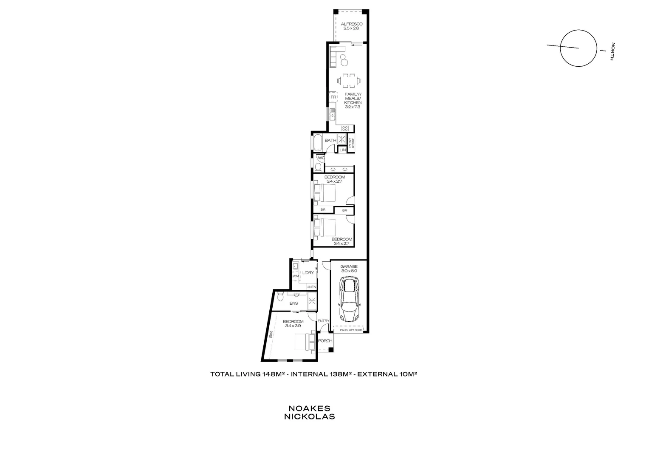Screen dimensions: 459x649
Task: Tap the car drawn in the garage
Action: (349, 300)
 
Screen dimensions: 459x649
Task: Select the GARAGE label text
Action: (349, 266)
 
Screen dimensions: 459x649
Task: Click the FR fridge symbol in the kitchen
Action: (333, 97)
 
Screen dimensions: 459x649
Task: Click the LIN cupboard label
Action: (342, 150)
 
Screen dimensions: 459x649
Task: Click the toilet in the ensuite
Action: (279, 298)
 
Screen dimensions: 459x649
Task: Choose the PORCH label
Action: (325, 341)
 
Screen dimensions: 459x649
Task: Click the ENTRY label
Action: (323, 321)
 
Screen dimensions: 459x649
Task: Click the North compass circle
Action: (578, 48)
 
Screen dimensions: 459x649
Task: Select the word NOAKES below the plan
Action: (309, 408)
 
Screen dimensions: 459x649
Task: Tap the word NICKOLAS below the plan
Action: (309, 417)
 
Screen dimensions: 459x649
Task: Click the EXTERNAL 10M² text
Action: (386, 374)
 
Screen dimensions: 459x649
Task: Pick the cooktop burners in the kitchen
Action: (345, 127)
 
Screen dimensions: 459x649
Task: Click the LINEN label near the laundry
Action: (311, 287)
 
